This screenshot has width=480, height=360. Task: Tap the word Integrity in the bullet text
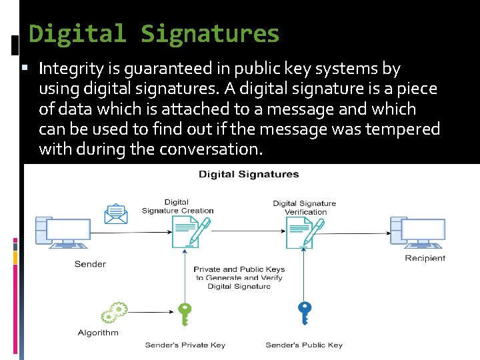pos(70,69)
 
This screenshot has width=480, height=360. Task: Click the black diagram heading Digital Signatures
pos(248,175)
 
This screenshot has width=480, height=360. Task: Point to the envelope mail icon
pos(115,214)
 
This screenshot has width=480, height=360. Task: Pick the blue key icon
pos(305,312)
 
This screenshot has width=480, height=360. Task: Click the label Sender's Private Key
pos(185,345)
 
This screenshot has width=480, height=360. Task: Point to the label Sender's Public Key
pos(304,345)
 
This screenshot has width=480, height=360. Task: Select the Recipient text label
pos(425,259)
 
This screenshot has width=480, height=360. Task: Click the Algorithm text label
pos(98,333)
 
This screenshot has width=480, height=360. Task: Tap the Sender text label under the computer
pos(90,264)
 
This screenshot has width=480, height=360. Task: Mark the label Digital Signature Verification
pos(305,207)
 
